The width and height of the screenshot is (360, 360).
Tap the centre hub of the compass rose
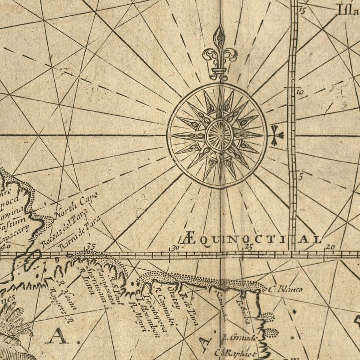coord(219,135)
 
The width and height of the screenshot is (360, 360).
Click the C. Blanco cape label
coord(285,289)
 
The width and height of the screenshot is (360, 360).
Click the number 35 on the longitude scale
coord(90,247)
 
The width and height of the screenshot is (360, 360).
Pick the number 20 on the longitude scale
coord(330,247)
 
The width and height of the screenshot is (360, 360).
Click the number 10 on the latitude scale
coord(300,92)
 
